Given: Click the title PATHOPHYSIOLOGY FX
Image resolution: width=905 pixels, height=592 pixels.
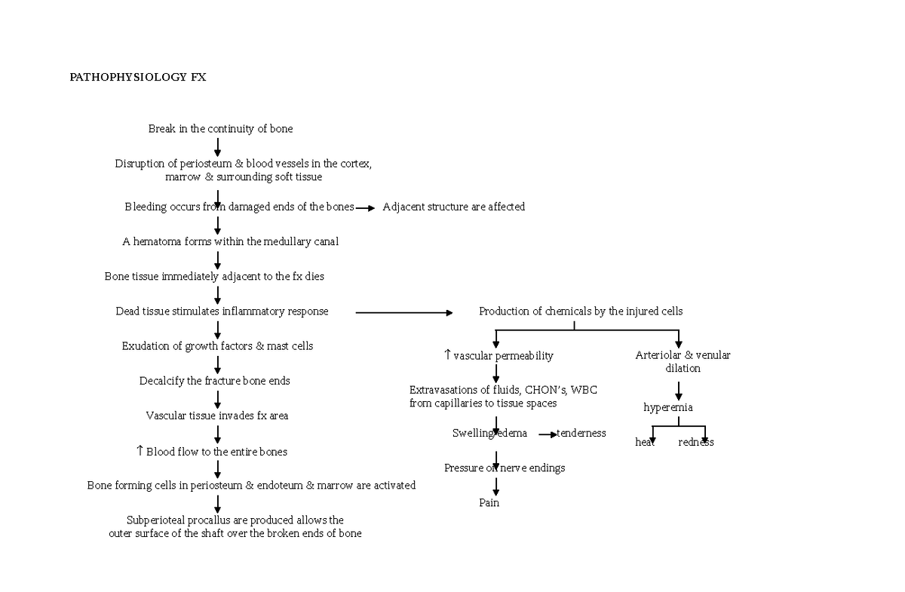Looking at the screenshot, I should pos(137,77).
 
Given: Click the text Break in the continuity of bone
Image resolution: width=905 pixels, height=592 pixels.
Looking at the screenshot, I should pos(220,129).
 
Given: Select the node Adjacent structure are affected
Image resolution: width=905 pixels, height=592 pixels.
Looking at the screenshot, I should pos(453,207).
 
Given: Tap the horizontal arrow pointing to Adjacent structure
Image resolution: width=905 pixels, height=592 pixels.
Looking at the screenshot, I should pos(365,208).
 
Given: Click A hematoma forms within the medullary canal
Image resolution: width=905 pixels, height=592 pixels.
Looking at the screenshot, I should pos(230,242).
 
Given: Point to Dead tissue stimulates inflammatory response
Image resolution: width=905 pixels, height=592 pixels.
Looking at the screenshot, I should pos(222,311).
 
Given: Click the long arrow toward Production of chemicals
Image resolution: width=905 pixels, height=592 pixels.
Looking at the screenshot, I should pos(403,312).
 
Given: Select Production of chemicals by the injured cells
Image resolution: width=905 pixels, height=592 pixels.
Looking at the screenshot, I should pos(581,311).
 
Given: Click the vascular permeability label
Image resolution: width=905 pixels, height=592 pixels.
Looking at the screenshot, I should pos(503,356).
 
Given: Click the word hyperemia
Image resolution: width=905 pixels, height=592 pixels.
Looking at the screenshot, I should pos(667,408).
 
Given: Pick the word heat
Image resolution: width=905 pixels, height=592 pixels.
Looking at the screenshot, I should pos(645,443).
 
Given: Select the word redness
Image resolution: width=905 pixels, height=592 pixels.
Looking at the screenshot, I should pos(695,443).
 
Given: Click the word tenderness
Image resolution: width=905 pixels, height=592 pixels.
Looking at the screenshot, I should pos(581,434).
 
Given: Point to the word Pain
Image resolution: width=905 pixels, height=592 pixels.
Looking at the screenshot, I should pos(489,503).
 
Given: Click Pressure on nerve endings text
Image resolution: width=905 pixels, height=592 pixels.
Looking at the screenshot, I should pos(504,468).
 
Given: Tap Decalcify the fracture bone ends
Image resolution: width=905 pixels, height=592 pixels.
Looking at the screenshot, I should pos(214,381).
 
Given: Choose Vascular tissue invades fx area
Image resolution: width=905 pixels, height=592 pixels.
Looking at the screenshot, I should pos(216,416).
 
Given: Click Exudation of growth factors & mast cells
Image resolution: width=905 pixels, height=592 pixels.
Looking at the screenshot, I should pos(217,346).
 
